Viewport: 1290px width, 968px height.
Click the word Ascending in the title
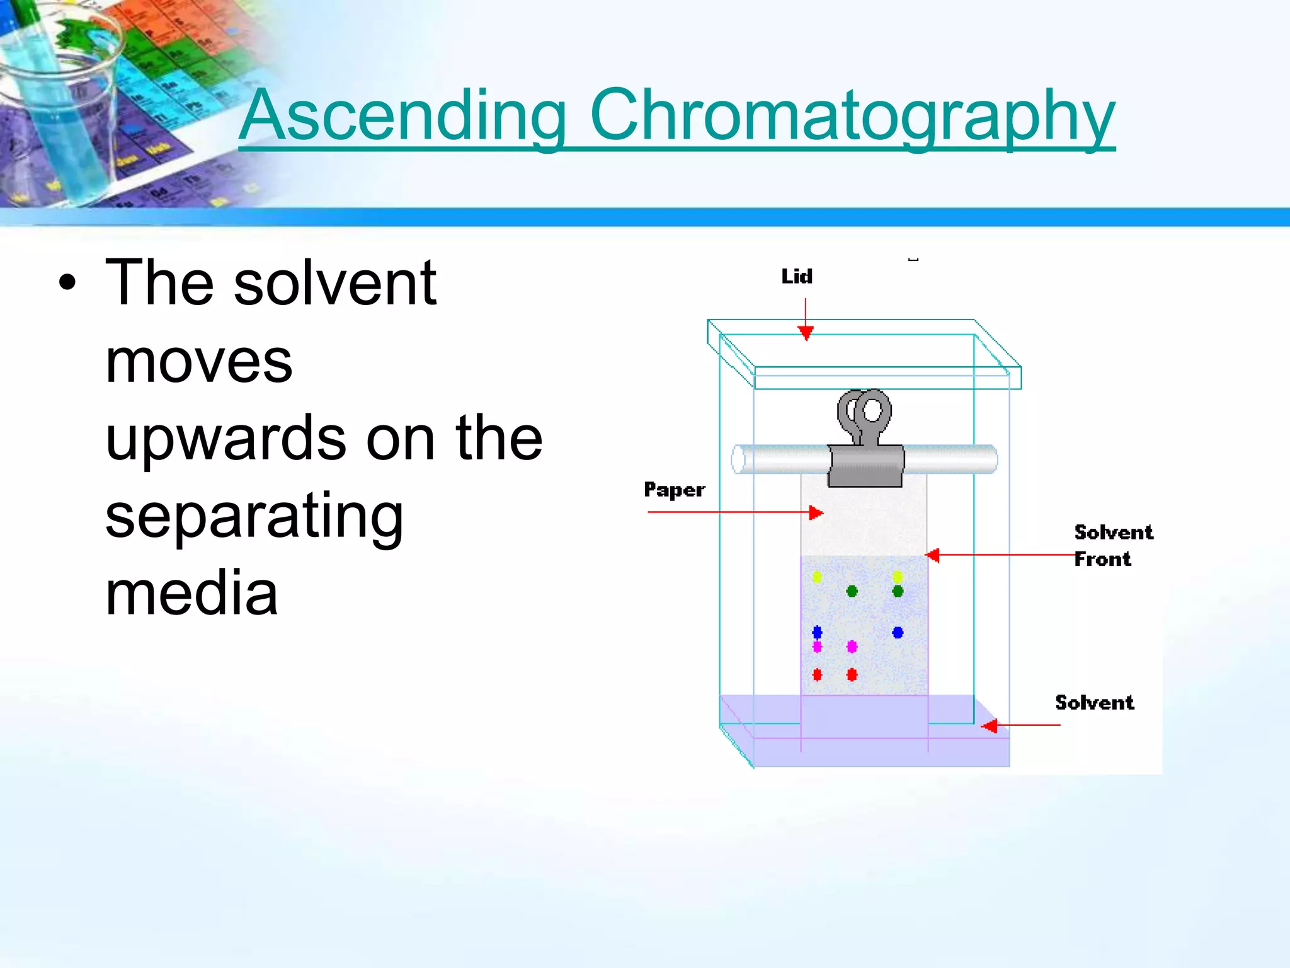403,117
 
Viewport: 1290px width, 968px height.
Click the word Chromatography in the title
852,117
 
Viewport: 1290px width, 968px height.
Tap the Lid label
797,276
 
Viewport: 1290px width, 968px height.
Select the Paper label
674,490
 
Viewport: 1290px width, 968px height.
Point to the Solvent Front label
1113,545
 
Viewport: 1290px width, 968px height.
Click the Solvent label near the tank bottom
1094,702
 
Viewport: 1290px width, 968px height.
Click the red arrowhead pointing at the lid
806,332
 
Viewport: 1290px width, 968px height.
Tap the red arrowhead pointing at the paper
816,512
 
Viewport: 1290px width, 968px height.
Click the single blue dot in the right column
898,632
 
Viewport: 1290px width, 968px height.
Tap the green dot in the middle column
852,591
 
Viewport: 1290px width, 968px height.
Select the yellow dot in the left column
817,577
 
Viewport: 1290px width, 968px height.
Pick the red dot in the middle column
852,674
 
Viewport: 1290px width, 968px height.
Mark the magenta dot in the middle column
852,646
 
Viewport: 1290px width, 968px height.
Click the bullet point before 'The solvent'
67,283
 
